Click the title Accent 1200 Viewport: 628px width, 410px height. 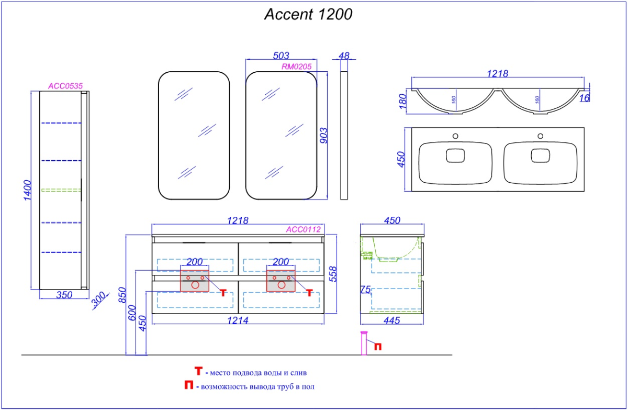[x=308, y=15]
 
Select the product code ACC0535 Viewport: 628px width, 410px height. [x=66, y=85]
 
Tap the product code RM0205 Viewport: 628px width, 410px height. [x=297, y=67]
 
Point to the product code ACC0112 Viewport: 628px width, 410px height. [x=303, y=229]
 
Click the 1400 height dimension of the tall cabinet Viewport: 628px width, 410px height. [x=28, y=193]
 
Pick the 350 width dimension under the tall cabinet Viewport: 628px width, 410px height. [x=63, y=295]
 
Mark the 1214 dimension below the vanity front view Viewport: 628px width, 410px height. [x=238, y=320]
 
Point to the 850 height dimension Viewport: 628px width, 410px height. [x=122, y=295]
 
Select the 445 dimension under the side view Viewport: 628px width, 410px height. [x=390, y=320]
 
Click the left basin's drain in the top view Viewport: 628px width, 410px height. [x=455, y=156]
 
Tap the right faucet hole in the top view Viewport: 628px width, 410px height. [x=541, y=137]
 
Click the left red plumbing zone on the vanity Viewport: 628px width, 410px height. [x=194, y=281]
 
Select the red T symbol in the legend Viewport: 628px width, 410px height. [x=199, y=371]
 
